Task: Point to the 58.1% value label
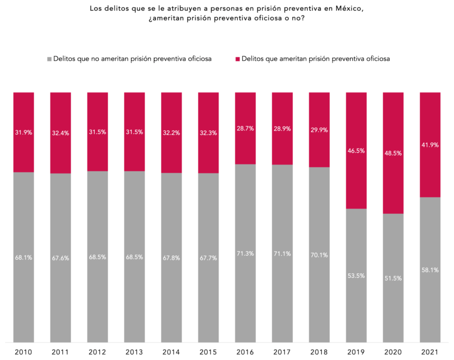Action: point(430,270)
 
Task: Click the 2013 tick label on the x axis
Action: point(134,353)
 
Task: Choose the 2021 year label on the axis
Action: point(430,353)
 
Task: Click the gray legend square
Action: point(49,58)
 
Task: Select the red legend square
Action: point(237,58)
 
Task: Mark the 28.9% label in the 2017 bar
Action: point(282,129)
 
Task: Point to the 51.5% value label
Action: point(393,278)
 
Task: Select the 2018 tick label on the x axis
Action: point(319,353)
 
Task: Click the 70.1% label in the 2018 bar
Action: point(319,255)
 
